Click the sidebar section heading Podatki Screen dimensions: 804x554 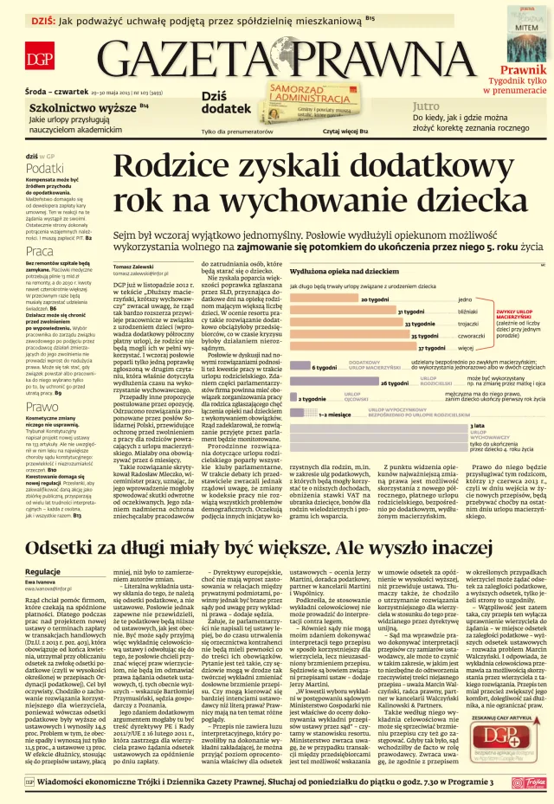[44, 168]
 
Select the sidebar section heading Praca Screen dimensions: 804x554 [40, 251]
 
